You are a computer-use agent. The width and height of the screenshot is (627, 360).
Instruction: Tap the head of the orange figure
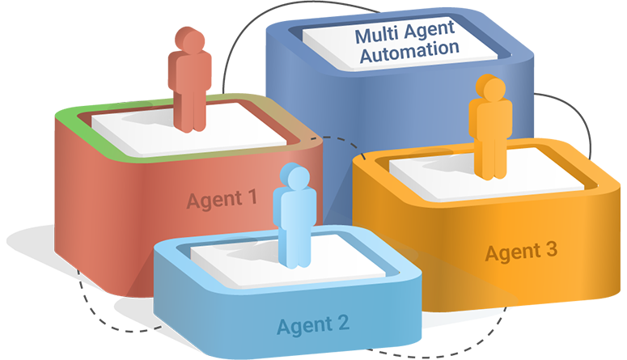click(488, 88)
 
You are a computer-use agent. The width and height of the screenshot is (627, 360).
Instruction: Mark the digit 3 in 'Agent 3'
click(551, 250)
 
